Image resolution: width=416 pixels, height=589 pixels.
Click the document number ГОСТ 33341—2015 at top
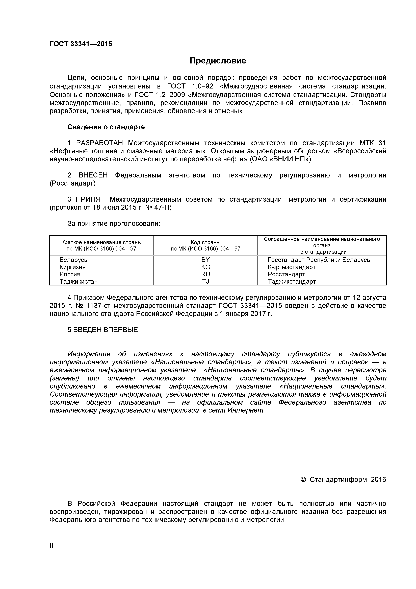tap(81, 44)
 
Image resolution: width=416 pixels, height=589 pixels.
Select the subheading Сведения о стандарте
tap(106, 127)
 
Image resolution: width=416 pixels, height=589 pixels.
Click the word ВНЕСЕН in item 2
tap(93, 175)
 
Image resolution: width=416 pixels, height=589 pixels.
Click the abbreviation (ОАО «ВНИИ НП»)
tap(280, 159)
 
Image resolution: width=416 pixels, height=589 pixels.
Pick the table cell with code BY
tap(205, 260)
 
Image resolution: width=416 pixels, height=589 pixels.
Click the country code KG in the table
tap(205, 267)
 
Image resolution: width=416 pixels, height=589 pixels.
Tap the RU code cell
tap(205, 274)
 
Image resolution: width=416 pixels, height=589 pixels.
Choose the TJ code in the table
tap(205, 281)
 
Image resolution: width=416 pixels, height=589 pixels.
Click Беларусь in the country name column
tap(74, 260)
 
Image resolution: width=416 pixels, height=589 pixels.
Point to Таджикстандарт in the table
tap(292, 281)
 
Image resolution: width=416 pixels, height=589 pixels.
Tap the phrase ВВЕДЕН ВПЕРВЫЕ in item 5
tap(105, 330)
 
